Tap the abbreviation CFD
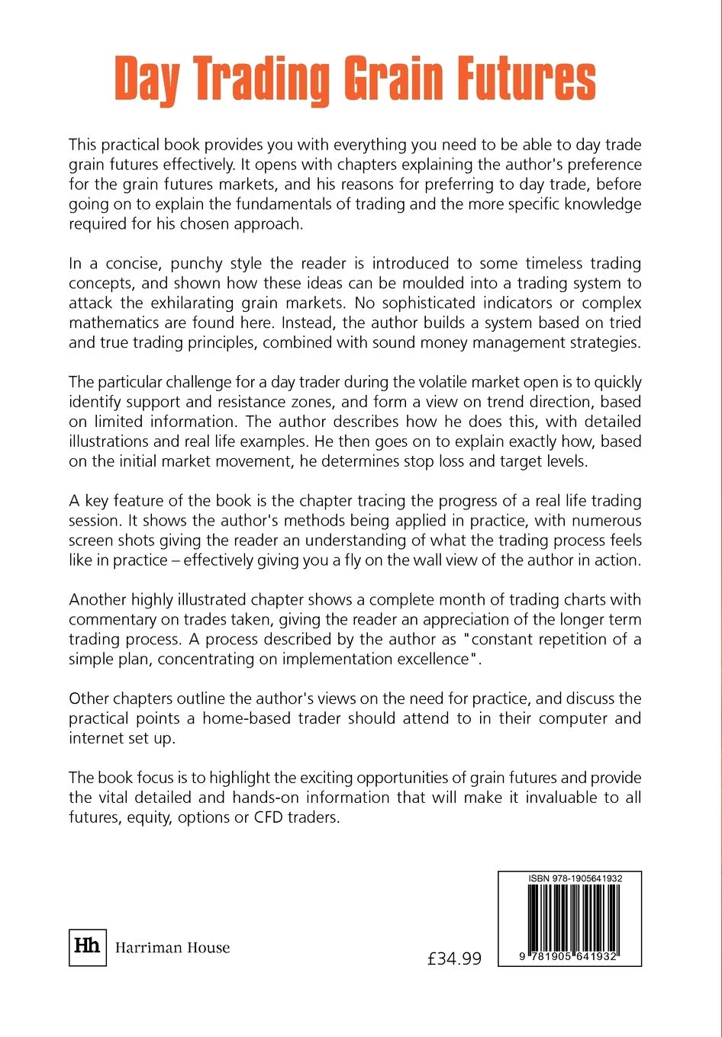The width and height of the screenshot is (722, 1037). [x=269, y=818]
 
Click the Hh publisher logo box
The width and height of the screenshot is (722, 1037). [x=87, y=947]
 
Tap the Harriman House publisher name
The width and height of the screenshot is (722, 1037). [x=172, y=948]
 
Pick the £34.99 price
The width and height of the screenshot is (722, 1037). [x=454, y=958]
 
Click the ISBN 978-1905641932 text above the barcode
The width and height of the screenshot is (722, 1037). [x=575, y=878]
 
